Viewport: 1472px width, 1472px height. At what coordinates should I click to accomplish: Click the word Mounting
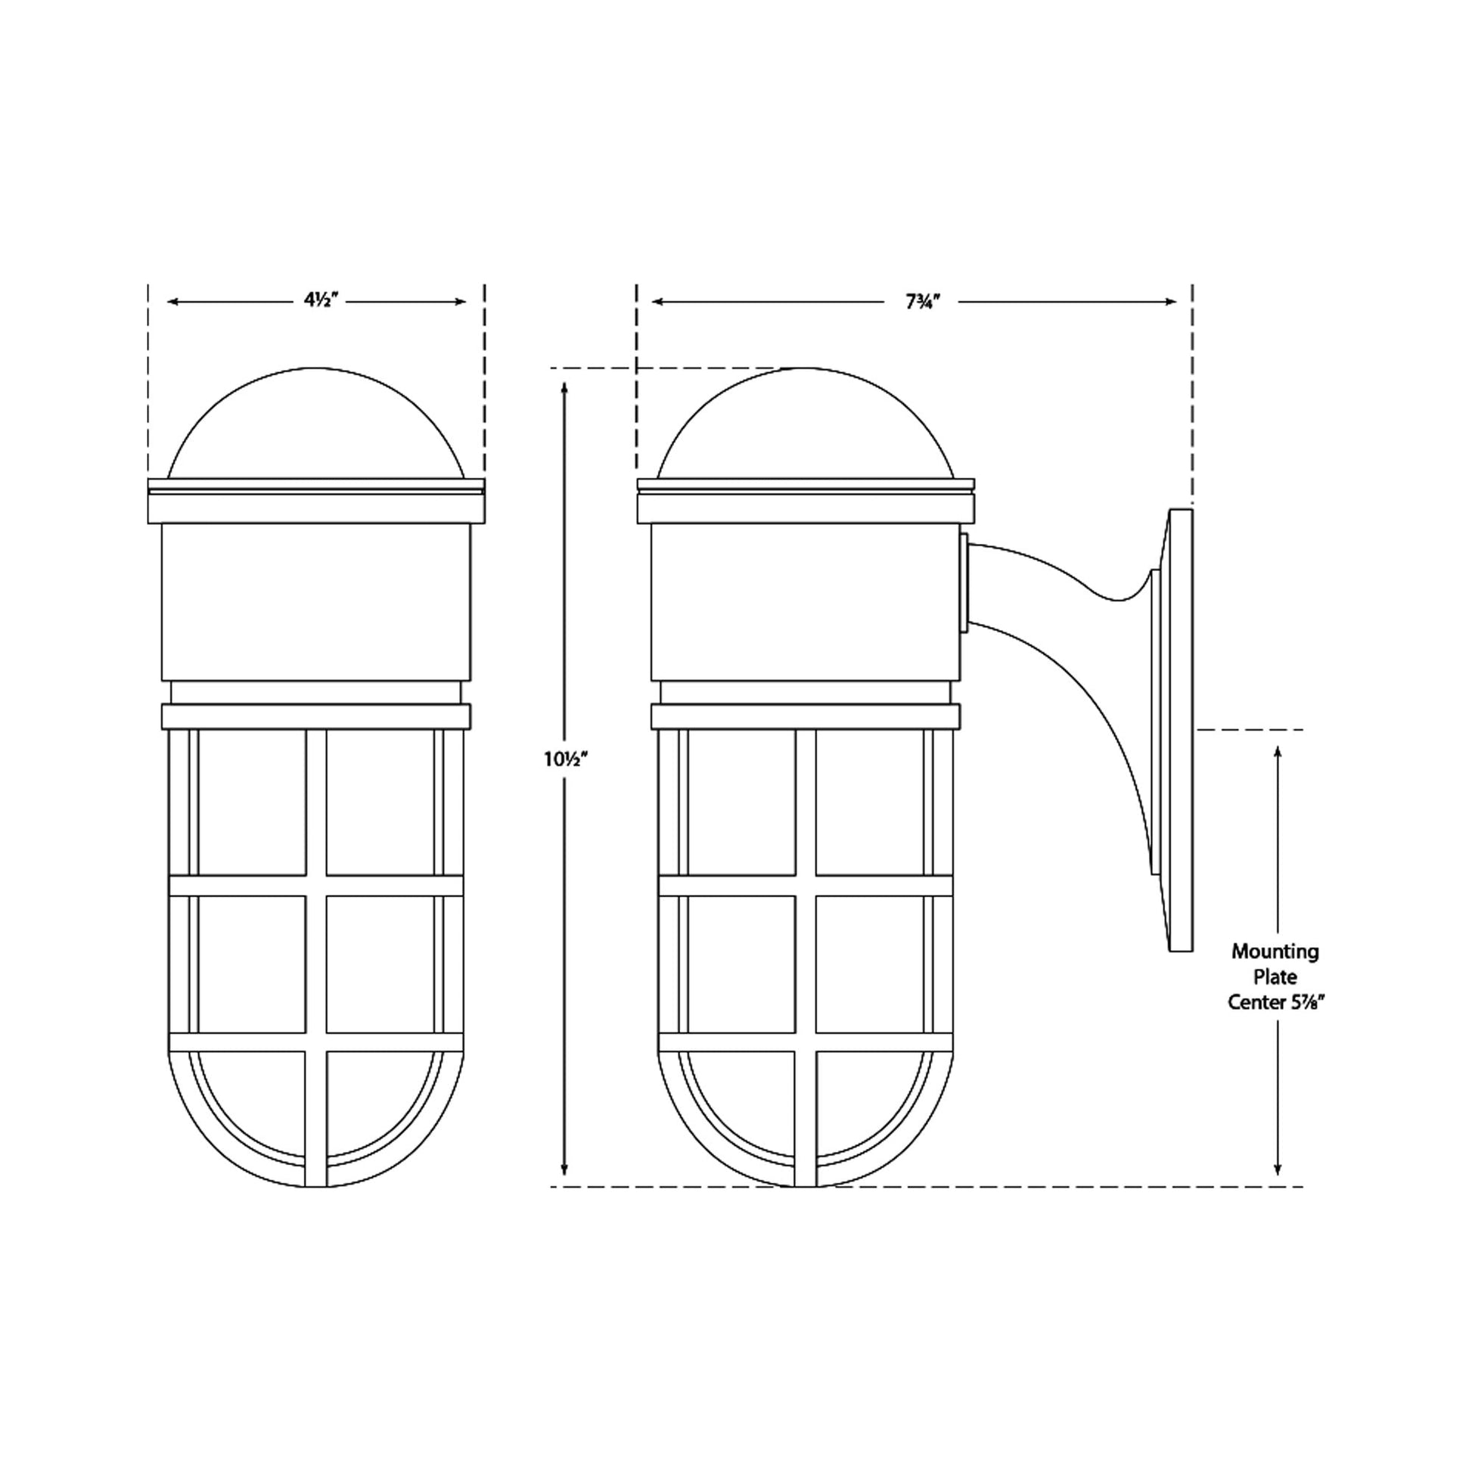(x=1275, y=952)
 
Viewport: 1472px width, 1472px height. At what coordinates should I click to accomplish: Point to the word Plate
(x=1275, y=977)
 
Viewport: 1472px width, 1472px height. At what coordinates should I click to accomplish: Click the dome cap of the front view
(x=315, y=423)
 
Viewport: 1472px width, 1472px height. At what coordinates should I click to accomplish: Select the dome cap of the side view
(x=805, y=423)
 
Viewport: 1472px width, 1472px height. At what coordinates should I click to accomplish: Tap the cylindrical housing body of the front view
(x=315, y=602)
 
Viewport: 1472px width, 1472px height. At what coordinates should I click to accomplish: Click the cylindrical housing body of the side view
(x=806, y=602)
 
